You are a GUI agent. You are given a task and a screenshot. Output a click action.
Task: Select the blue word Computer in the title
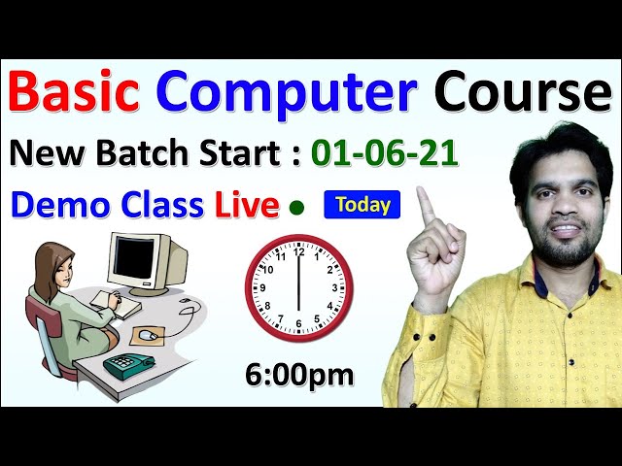(287, 93)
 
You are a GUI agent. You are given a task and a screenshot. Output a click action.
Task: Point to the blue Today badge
(363, 205)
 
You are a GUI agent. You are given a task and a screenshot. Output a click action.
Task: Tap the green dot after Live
(296, 207)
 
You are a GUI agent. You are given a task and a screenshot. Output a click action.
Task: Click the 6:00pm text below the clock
(298, 375)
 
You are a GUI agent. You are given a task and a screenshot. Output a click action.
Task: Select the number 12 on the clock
(298, 252)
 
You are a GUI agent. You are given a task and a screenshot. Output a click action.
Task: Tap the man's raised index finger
(425, 205)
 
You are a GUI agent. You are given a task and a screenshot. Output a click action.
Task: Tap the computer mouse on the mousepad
(147, 334)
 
